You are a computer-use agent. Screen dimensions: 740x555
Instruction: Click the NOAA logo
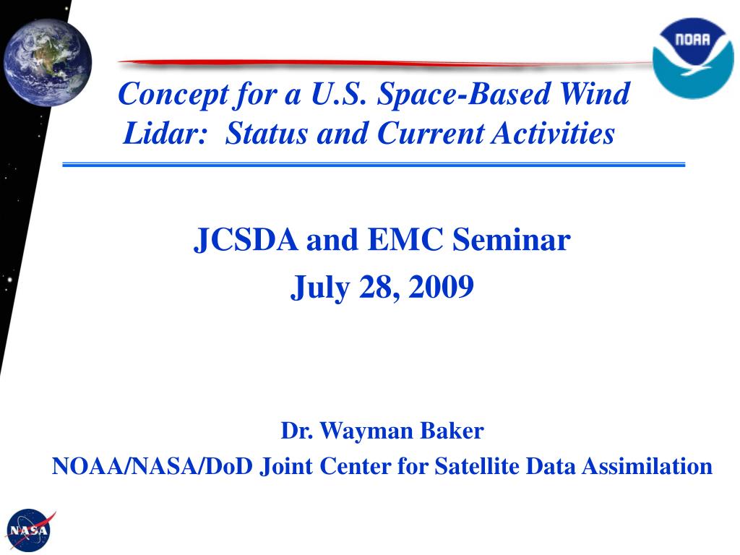693,59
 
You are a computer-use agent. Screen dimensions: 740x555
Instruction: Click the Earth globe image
48,62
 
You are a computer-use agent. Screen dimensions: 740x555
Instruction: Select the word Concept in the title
173,95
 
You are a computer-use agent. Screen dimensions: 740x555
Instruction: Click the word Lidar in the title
165,133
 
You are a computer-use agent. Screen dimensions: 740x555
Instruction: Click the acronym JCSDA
246,239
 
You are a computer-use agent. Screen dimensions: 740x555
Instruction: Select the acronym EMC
405,239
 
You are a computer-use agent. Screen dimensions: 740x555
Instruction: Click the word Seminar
512,239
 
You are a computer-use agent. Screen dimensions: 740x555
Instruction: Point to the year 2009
441,286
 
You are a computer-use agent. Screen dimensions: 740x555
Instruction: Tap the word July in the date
320,288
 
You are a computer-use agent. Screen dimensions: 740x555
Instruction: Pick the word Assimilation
647,466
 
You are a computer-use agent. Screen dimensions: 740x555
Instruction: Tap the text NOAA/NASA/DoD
152,466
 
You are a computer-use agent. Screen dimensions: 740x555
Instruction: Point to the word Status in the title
266,133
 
